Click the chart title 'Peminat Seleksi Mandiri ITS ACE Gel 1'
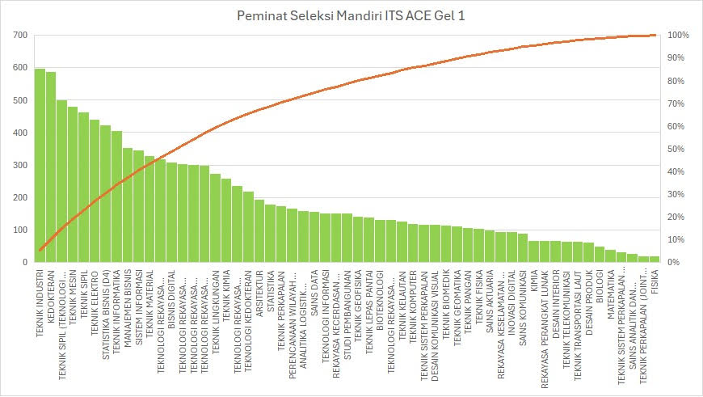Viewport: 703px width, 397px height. click(351, 15)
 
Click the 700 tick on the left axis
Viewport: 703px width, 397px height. click(21, 36)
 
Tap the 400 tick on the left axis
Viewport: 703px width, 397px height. click(21, 133)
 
